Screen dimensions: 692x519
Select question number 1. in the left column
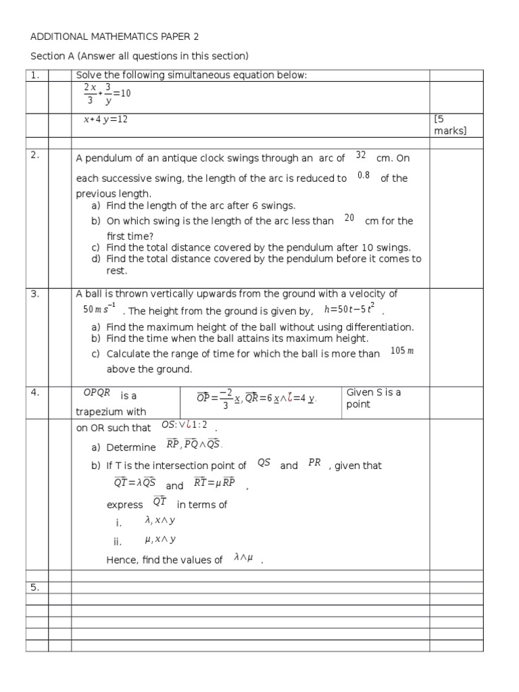[x=35, y=75]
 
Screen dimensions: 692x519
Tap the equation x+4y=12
[x=105, y=120]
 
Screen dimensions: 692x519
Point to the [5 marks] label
[x=449, y=125]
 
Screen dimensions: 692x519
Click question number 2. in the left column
[x=35, y=155]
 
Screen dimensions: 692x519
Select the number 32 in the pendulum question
[x=360, y=155]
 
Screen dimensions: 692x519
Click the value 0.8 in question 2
[x=364, y=176]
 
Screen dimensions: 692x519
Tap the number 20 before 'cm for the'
[x=349, y=218]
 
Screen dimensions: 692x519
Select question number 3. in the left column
[x=35, y=294]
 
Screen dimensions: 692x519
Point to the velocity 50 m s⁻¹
[x=99, y=310]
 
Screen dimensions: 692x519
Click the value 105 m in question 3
[x=402, y=351]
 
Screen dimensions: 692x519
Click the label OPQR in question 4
[x=96, y=393]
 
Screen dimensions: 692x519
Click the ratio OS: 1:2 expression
[x=184, y=425]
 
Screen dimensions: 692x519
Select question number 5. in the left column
[x=35, y=587]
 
